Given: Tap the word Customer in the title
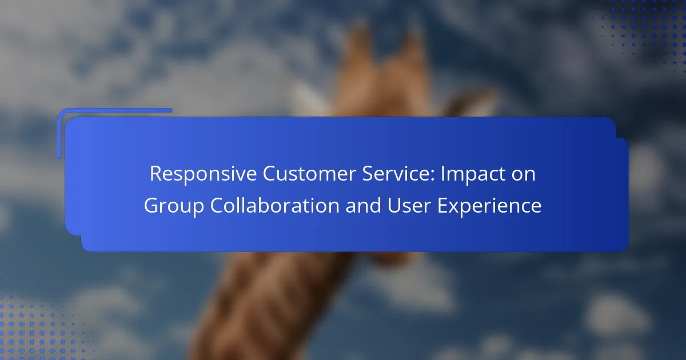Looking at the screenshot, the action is (x=309, y=174).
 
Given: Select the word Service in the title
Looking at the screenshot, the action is (x=396, y=174).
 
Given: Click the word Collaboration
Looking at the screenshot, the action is (x=275, y=205).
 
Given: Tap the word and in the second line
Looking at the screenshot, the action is (x=363, y=205).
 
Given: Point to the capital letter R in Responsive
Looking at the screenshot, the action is (x=156, y=174).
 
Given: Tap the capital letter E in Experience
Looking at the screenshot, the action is (x=442, y=205).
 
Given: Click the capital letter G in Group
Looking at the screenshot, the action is (x=151, y=205).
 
